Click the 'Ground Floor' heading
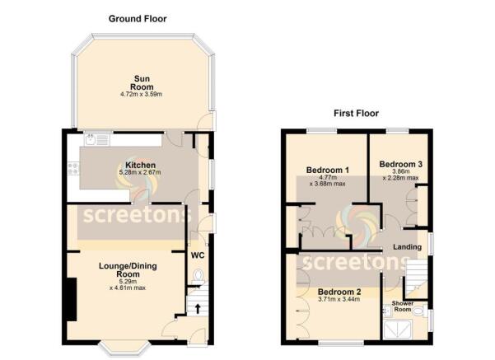[138, 17]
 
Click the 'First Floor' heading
[356, 113]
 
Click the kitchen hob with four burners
[73, 171]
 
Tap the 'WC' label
[197, 255]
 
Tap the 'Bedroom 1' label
[328, 171]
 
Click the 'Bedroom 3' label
[400, 165]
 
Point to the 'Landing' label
[406, 245]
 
